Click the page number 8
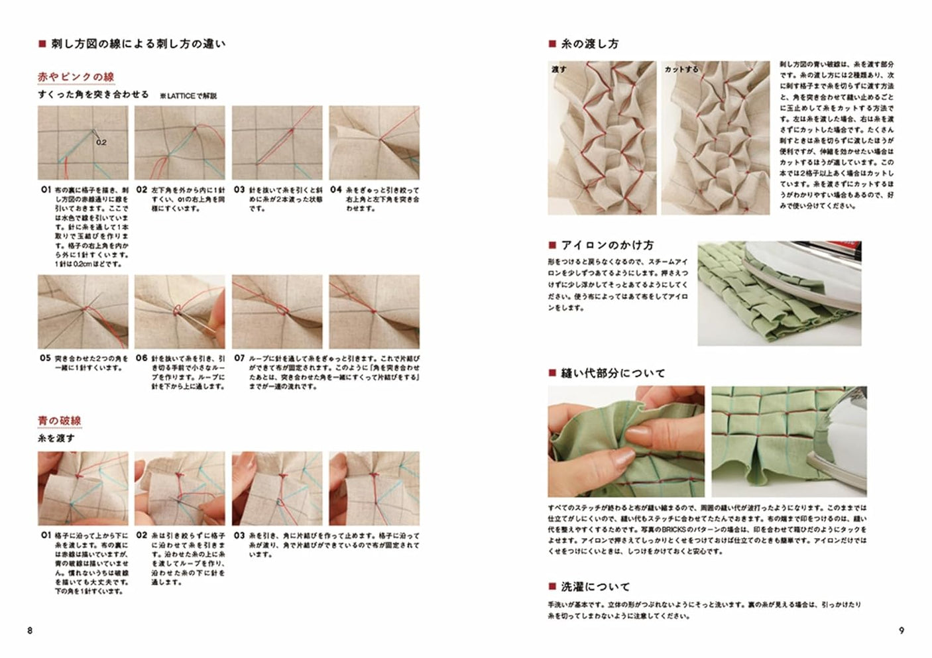pos(30,630)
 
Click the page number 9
pos(901,630)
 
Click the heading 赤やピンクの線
pos(76,77)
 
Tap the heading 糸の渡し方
pos(589,44)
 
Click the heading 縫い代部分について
pos(612,373)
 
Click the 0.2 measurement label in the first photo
pos(101,142)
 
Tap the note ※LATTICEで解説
pos(188,96)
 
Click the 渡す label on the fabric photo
pos(559,69)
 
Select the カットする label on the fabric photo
pos(681,69)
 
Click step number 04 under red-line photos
pos(336,190)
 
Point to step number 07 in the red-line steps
pos(239,358)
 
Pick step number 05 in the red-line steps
pos(45,358)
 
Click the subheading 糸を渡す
pos(56,439)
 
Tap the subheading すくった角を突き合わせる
pos(93,95)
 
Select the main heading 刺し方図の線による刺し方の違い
pos(138,44)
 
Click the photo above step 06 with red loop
pos(180,311)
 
